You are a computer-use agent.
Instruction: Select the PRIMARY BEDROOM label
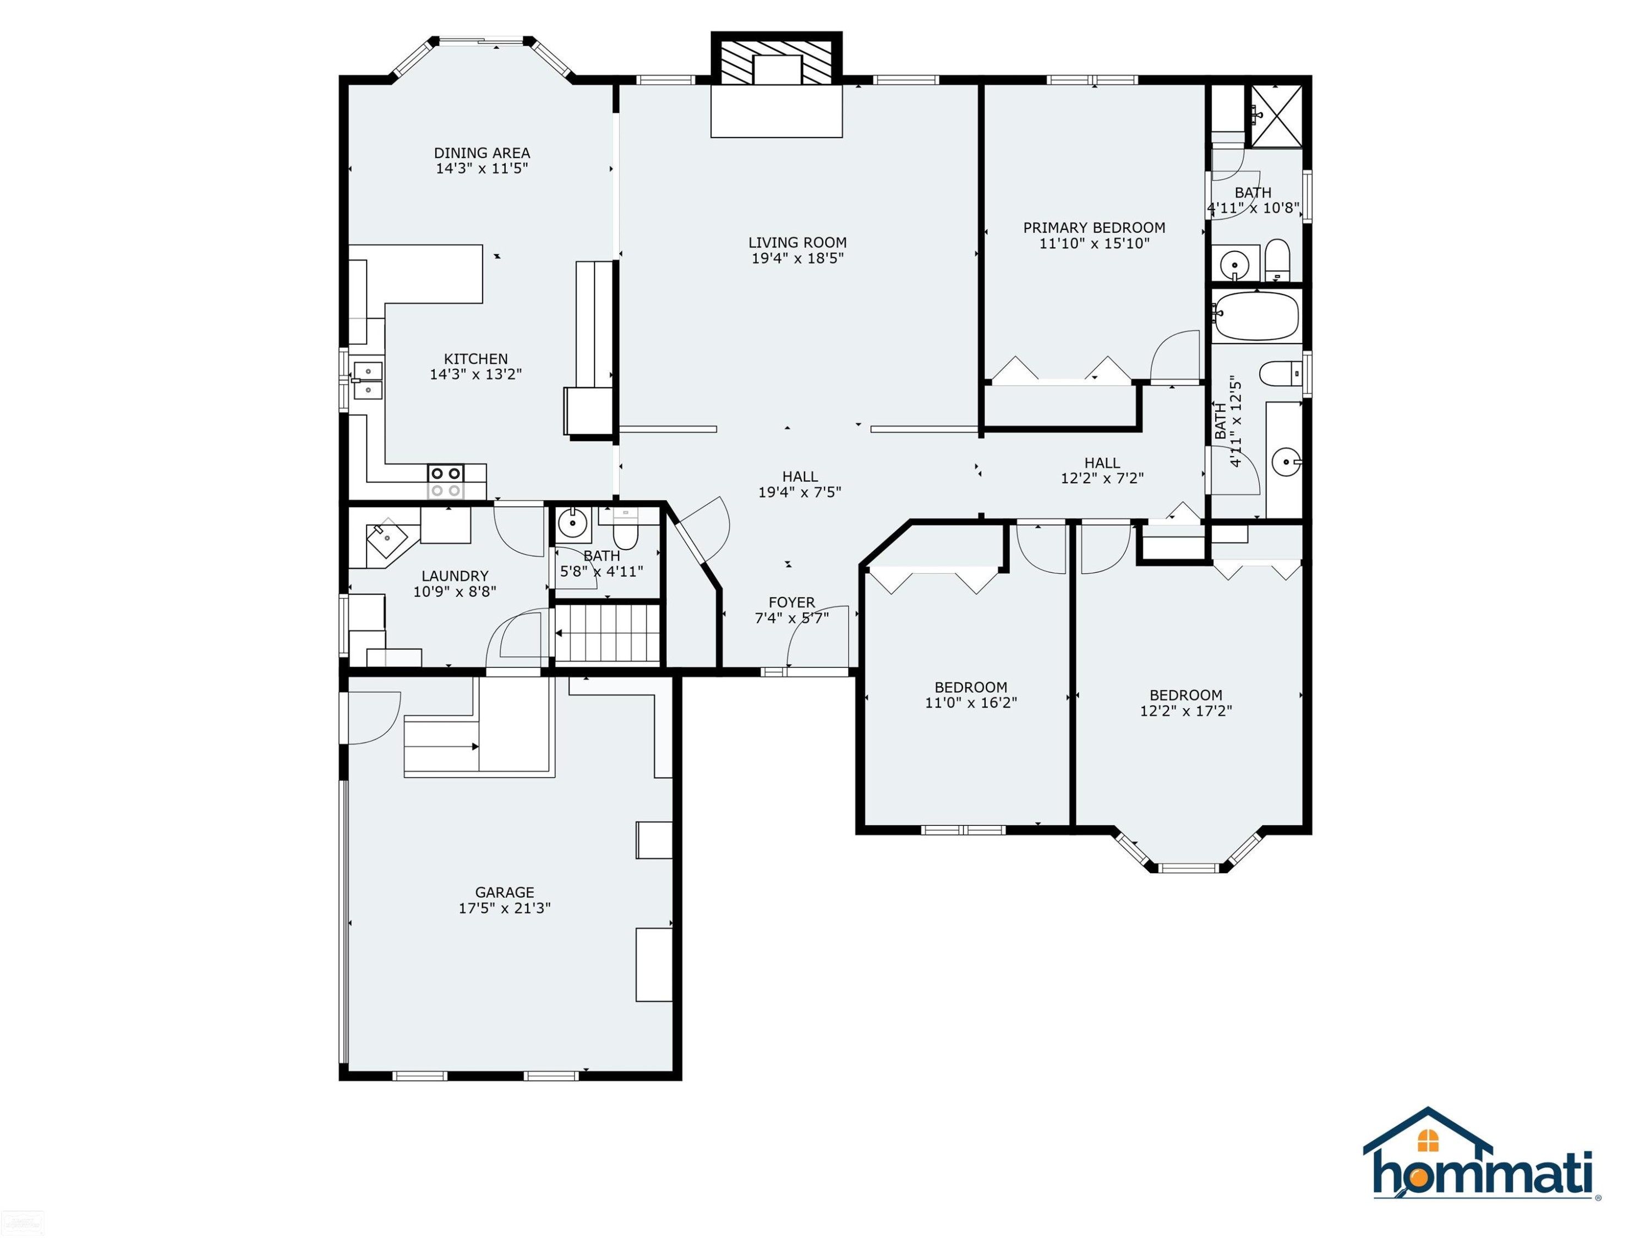1094,228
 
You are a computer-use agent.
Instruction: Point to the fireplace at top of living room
776,59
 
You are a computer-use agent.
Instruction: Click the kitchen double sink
367,380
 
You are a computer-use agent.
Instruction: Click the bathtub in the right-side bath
1257,316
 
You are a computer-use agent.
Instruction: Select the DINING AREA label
482,153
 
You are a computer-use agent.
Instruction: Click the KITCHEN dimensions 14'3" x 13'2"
475,374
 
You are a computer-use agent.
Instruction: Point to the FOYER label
792,602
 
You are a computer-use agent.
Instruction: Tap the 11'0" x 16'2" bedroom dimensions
971,702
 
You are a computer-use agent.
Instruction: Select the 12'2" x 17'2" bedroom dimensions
1186,710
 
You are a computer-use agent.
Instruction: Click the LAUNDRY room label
455,576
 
